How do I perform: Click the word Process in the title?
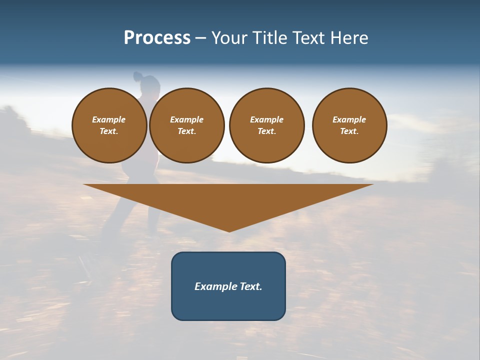[x=157, y=38]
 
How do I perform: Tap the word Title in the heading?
[x=268, y=38]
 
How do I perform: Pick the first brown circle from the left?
[x=109, y=125]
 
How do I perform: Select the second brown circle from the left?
[x=186, y=125]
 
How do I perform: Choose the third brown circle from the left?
[x=266, y=125]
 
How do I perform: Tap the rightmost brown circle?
[x=349, y=125]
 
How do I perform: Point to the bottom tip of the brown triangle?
[x=229, y=231]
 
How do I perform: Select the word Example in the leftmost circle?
[x=109, y=119]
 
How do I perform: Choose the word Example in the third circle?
[x=266, y=119]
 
